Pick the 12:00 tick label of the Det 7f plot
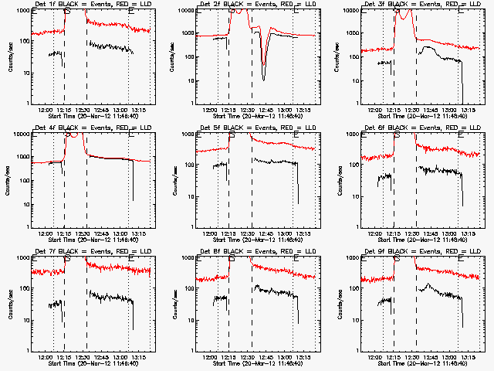(x=46, y=357)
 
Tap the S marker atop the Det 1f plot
(x=66, y=11)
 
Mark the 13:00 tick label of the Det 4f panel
(x=120, y=233)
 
